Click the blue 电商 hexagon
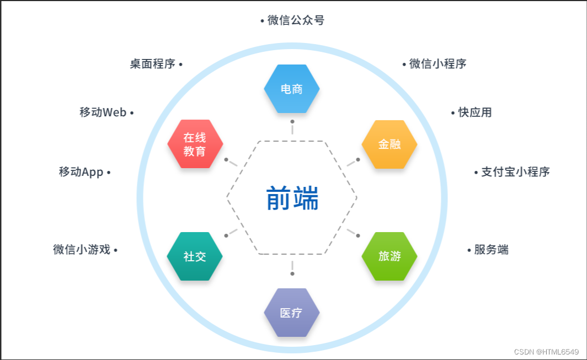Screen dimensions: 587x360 (291, 89)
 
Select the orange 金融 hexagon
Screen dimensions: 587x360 (389, 144)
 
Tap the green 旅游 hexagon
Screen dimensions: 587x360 (389, 256)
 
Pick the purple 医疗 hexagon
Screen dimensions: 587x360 (291, 313)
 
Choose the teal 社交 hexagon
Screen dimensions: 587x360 (195, 256)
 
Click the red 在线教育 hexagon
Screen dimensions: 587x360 (195, 144)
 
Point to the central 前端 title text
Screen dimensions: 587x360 (292, 198)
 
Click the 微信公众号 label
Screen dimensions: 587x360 (296, 20)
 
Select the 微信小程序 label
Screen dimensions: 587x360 (437, 64)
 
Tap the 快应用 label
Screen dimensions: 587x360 (474, 112)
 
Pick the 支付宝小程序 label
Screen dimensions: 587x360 (515, 171)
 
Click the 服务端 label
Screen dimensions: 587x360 (491, 250)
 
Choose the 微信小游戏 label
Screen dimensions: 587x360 (82, 250)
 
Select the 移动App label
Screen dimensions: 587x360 (81, 172)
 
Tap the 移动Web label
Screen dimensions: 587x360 (103, 112)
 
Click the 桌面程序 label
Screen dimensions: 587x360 (152, 64)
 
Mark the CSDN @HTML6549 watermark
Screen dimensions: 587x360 (546, 352)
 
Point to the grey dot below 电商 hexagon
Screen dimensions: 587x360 (292, 121)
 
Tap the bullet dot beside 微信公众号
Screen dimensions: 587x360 (262, 21)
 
